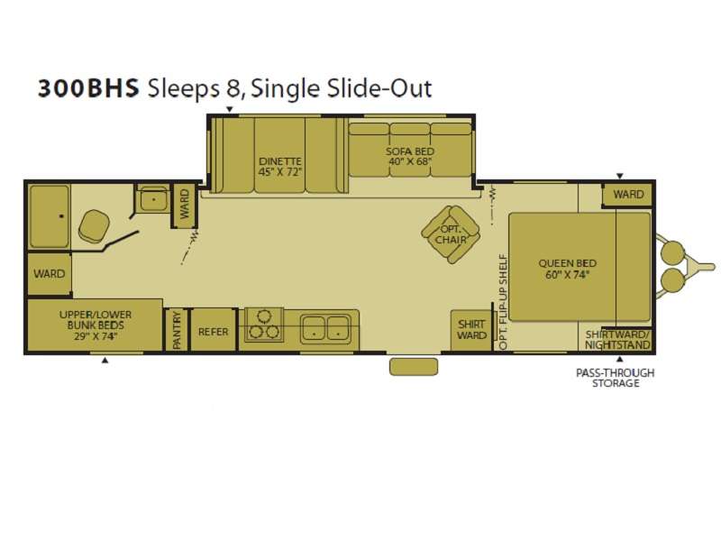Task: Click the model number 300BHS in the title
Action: tap(88, 88)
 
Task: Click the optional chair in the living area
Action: tap(451, 233)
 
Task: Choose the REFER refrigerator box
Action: tap(214, 330)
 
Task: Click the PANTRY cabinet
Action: tap(177, 330)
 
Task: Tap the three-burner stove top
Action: tap(264, 325)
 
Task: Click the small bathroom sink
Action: tap(153, 199)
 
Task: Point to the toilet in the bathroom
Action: tap(94, 226)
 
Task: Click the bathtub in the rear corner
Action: tap(50, 216)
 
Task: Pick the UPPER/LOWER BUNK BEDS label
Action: tap(96, 325)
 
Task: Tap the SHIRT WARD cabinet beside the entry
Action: tap(471, 330)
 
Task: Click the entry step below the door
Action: tap(414, 367)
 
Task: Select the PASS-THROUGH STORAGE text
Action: tap(616, 378)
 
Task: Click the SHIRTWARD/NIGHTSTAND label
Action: tap(618, 340)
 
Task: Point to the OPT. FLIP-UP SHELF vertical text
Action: tap(503, 302)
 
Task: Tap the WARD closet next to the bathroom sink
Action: tap(185, 205)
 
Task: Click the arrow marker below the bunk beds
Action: tap(105, 361)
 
